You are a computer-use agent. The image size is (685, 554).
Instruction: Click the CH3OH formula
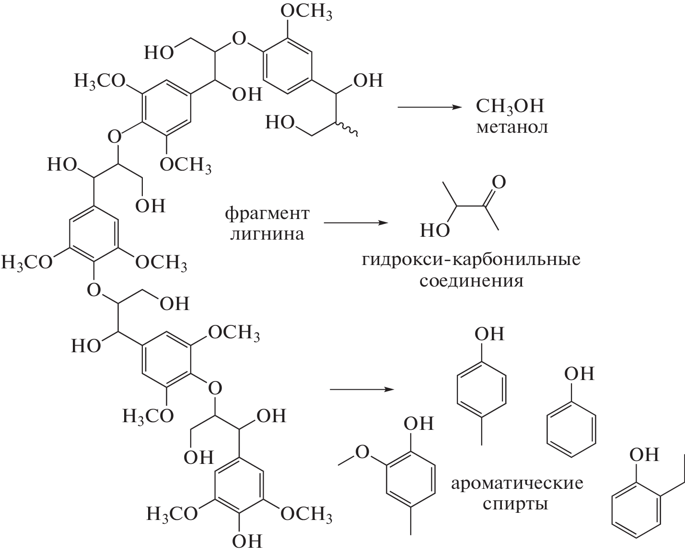pos(510,106)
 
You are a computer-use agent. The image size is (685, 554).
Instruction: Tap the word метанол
pos(511,127)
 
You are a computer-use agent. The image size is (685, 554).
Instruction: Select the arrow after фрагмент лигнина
pos(355,223)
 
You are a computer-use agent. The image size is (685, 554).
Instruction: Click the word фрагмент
pos(267,214)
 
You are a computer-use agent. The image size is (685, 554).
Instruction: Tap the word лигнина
pos(267,235)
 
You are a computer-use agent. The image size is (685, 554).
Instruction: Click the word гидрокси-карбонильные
pos(471,260)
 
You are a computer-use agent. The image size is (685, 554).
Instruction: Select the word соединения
pos(471,281)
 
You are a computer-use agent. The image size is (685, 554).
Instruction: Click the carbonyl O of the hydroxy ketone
pos(499,182)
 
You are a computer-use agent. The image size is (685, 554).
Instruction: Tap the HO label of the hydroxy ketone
pos(435,231)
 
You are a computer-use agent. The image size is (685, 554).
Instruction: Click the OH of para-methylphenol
pos(489,334)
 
